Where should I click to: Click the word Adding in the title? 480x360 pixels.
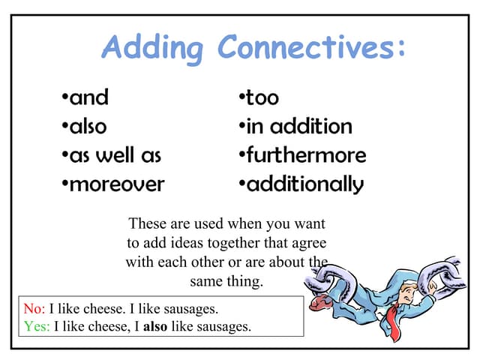pyautogui.click(x=152, y=48)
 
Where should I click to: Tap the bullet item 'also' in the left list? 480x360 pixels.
pyautogui.click(x=87, y=126)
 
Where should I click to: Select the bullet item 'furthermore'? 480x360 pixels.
pyautogui.click(x=305, y=155)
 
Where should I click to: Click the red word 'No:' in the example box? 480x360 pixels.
pyautogui.click(x=34, y=308)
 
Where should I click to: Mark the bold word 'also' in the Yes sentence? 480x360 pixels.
pyautogui.click(x=155, y=326)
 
